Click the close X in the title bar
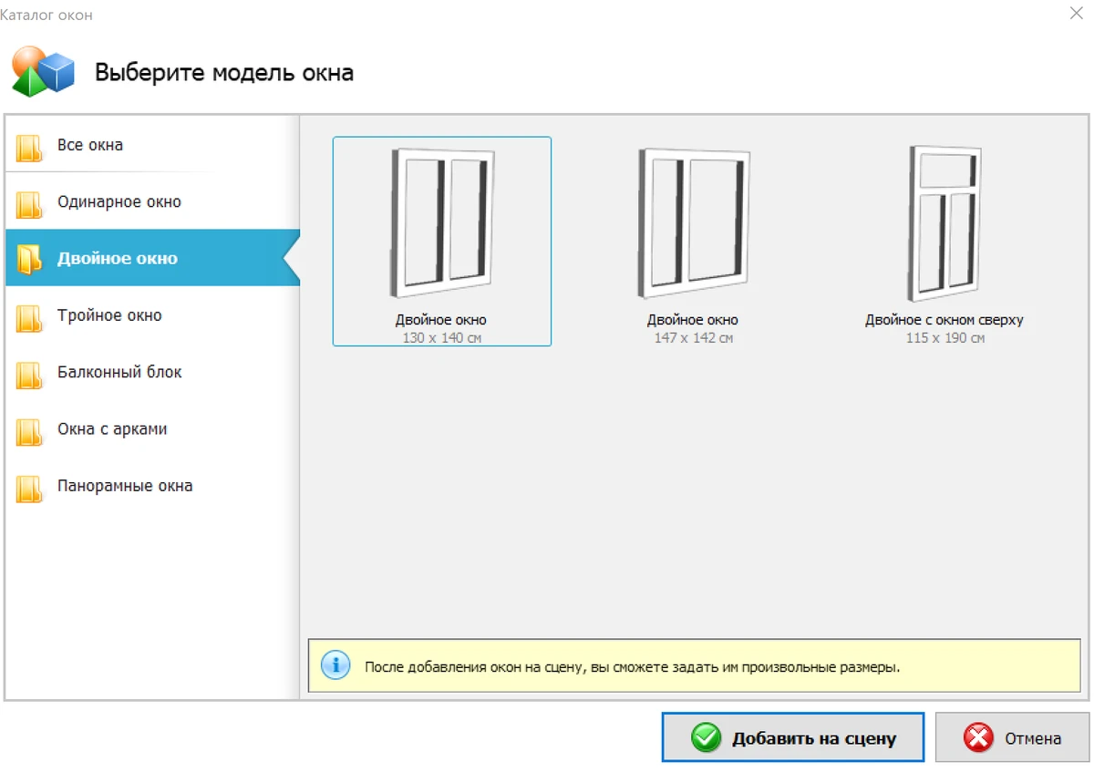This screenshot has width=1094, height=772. tap(1076, 13)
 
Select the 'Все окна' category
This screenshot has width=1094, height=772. tap(90, 145)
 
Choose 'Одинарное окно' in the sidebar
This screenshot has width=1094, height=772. tap(119, 201)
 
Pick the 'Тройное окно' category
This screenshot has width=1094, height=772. tap(109, 315)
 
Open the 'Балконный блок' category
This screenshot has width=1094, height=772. tap(119, 372)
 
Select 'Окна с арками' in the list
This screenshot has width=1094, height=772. tap(112, 428)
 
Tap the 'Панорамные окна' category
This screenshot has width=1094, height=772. tap(125, 486)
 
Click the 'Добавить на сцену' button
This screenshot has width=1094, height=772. tap(792, 736)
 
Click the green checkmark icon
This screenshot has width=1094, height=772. tap(706, 737)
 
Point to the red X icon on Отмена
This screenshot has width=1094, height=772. tap(978, 737)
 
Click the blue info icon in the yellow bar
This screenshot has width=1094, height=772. tap(335, 665)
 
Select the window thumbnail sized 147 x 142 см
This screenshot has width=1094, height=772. tap(693, 223)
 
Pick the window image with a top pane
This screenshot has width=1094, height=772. tap(944, 223)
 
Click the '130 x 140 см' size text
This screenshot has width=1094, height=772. tap(441, 338)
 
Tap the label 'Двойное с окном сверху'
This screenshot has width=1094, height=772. tap(944, 320)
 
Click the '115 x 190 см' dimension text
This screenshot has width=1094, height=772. tap(945, 338)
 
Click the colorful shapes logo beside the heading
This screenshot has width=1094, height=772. tap(43, 71)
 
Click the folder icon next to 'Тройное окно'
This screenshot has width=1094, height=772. tap(29, 318)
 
